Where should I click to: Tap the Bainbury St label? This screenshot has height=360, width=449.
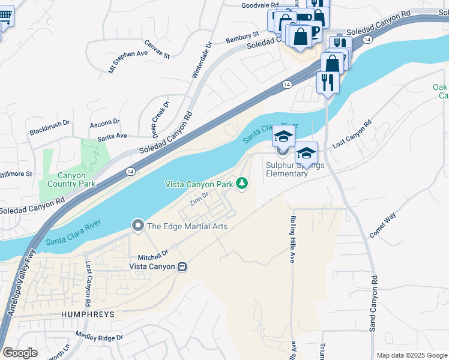(x=242, y=38)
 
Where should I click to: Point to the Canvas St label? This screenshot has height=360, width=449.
(x=157, y=50)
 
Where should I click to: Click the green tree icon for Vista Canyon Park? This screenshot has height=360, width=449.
(x=242, y=183)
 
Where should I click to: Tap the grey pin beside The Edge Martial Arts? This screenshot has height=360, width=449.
(x=137, y=226)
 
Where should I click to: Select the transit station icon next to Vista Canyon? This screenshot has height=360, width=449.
(x=181, y=266)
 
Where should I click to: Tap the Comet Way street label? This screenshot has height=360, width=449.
(x=383, y=226)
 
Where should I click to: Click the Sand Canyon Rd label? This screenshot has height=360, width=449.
(x=373, y=303)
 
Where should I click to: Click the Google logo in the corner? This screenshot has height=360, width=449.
(x=20, y=352)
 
